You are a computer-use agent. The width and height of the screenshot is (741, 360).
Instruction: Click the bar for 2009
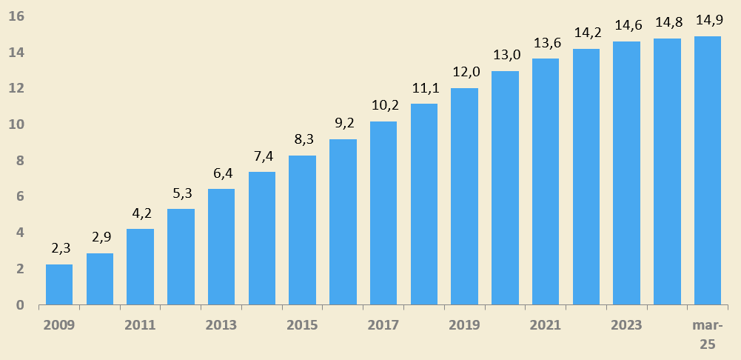59,284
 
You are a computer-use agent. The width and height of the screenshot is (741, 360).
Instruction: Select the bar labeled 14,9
708,170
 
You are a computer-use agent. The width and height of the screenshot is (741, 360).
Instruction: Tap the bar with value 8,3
302,230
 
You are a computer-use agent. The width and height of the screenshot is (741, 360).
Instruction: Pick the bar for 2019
464,196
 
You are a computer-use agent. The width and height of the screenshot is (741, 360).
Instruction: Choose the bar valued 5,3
181,256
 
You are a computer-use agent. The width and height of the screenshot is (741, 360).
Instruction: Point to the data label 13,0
505,55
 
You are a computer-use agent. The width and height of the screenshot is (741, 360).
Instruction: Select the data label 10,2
383,105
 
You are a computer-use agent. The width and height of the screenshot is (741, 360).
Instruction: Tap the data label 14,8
667,23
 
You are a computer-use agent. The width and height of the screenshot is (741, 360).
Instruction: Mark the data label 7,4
262,156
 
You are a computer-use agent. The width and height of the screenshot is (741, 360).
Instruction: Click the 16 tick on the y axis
16,16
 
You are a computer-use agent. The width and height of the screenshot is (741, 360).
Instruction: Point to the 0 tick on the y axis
20,305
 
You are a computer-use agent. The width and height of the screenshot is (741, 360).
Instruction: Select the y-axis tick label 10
16,124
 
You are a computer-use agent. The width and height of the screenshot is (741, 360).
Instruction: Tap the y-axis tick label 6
20,196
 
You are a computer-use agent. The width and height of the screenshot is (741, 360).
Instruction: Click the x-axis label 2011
140,325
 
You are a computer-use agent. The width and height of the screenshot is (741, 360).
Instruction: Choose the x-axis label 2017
383,325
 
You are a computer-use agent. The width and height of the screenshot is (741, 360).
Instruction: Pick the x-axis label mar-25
708,334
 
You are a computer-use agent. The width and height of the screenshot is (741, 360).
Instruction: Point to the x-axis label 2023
626,325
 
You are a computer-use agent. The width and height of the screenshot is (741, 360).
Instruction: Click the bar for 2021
546,181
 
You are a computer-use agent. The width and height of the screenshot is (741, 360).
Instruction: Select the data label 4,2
140,213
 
